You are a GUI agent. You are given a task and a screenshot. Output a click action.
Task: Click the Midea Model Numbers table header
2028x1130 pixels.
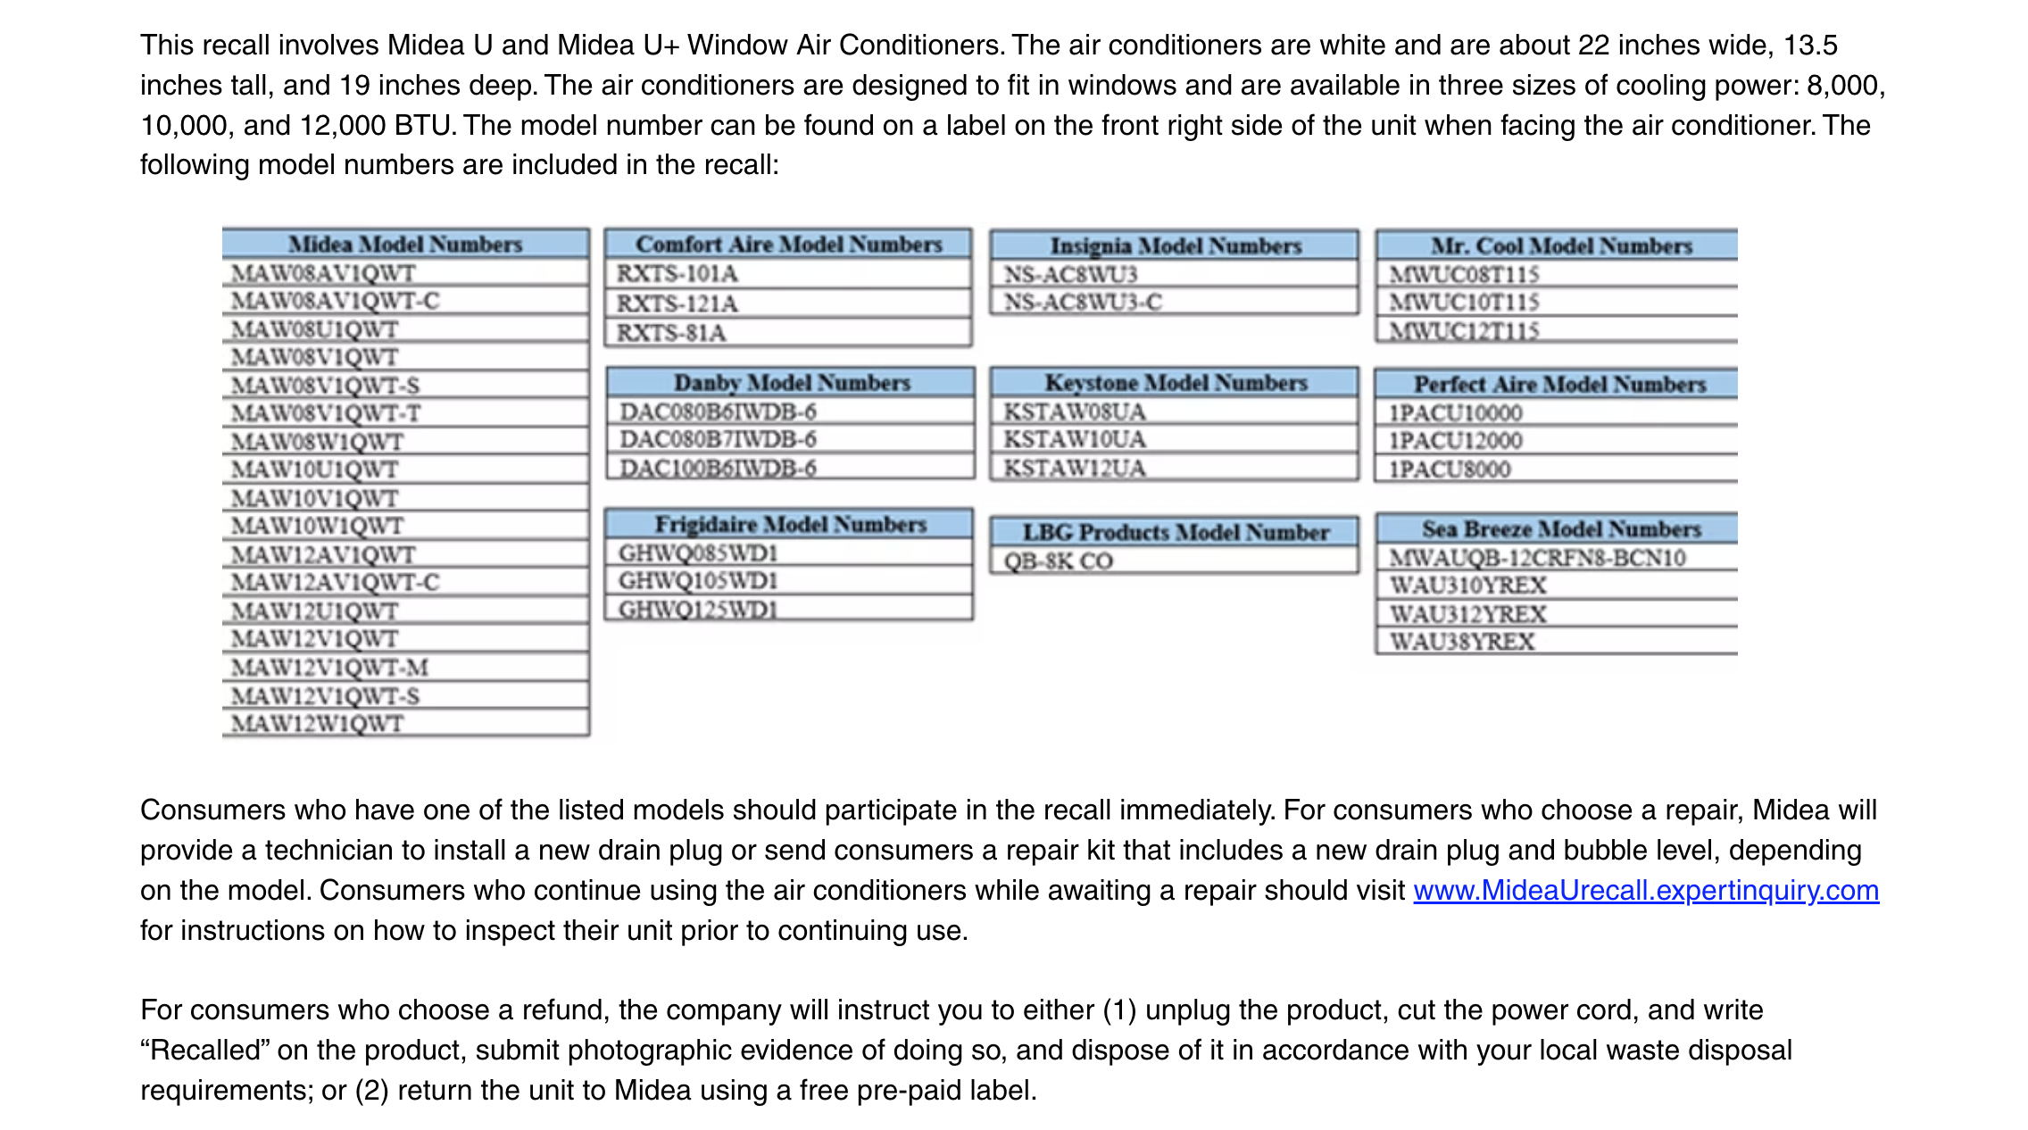(x=405, y=244)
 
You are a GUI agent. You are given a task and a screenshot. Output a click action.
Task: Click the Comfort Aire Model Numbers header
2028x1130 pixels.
(x=788, y=244)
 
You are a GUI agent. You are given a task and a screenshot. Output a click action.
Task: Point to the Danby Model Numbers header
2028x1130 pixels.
(x=791, y=382)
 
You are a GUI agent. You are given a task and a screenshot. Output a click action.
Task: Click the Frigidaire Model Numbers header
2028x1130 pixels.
(x=790, y=524)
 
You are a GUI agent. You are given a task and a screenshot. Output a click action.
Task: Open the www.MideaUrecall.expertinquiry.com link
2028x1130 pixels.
(x=1646, y=890)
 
